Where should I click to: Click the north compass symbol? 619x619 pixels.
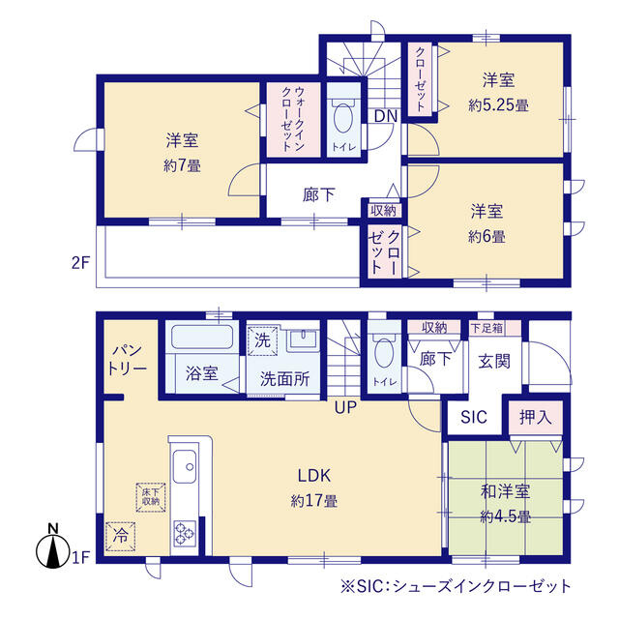53,547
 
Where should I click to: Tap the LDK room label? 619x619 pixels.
313,475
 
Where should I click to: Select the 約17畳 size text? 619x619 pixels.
313,501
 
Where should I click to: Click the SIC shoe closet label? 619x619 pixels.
474,417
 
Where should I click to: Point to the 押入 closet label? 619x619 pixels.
535,417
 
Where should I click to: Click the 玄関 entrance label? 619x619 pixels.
494,361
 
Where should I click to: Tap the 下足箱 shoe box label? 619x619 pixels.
487,328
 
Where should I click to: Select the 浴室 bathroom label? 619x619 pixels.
202,373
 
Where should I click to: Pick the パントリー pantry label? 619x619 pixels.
128,359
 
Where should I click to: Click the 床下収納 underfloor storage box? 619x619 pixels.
151,497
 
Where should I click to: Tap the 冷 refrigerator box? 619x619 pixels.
120,537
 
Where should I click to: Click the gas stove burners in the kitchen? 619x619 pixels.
185,533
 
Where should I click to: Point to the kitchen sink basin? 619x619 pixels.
185,466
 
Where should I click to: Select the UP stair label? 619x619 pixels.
345,407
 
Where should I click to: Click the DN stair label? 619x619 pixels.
385,116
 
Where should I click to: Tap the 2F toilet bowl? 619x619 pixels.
344,117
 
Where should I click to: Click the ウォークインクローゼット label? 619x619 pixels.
292,119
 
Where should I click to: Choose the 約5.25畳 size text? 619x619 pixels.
498,105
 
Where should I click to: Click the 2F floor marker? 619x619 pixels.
81,262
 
